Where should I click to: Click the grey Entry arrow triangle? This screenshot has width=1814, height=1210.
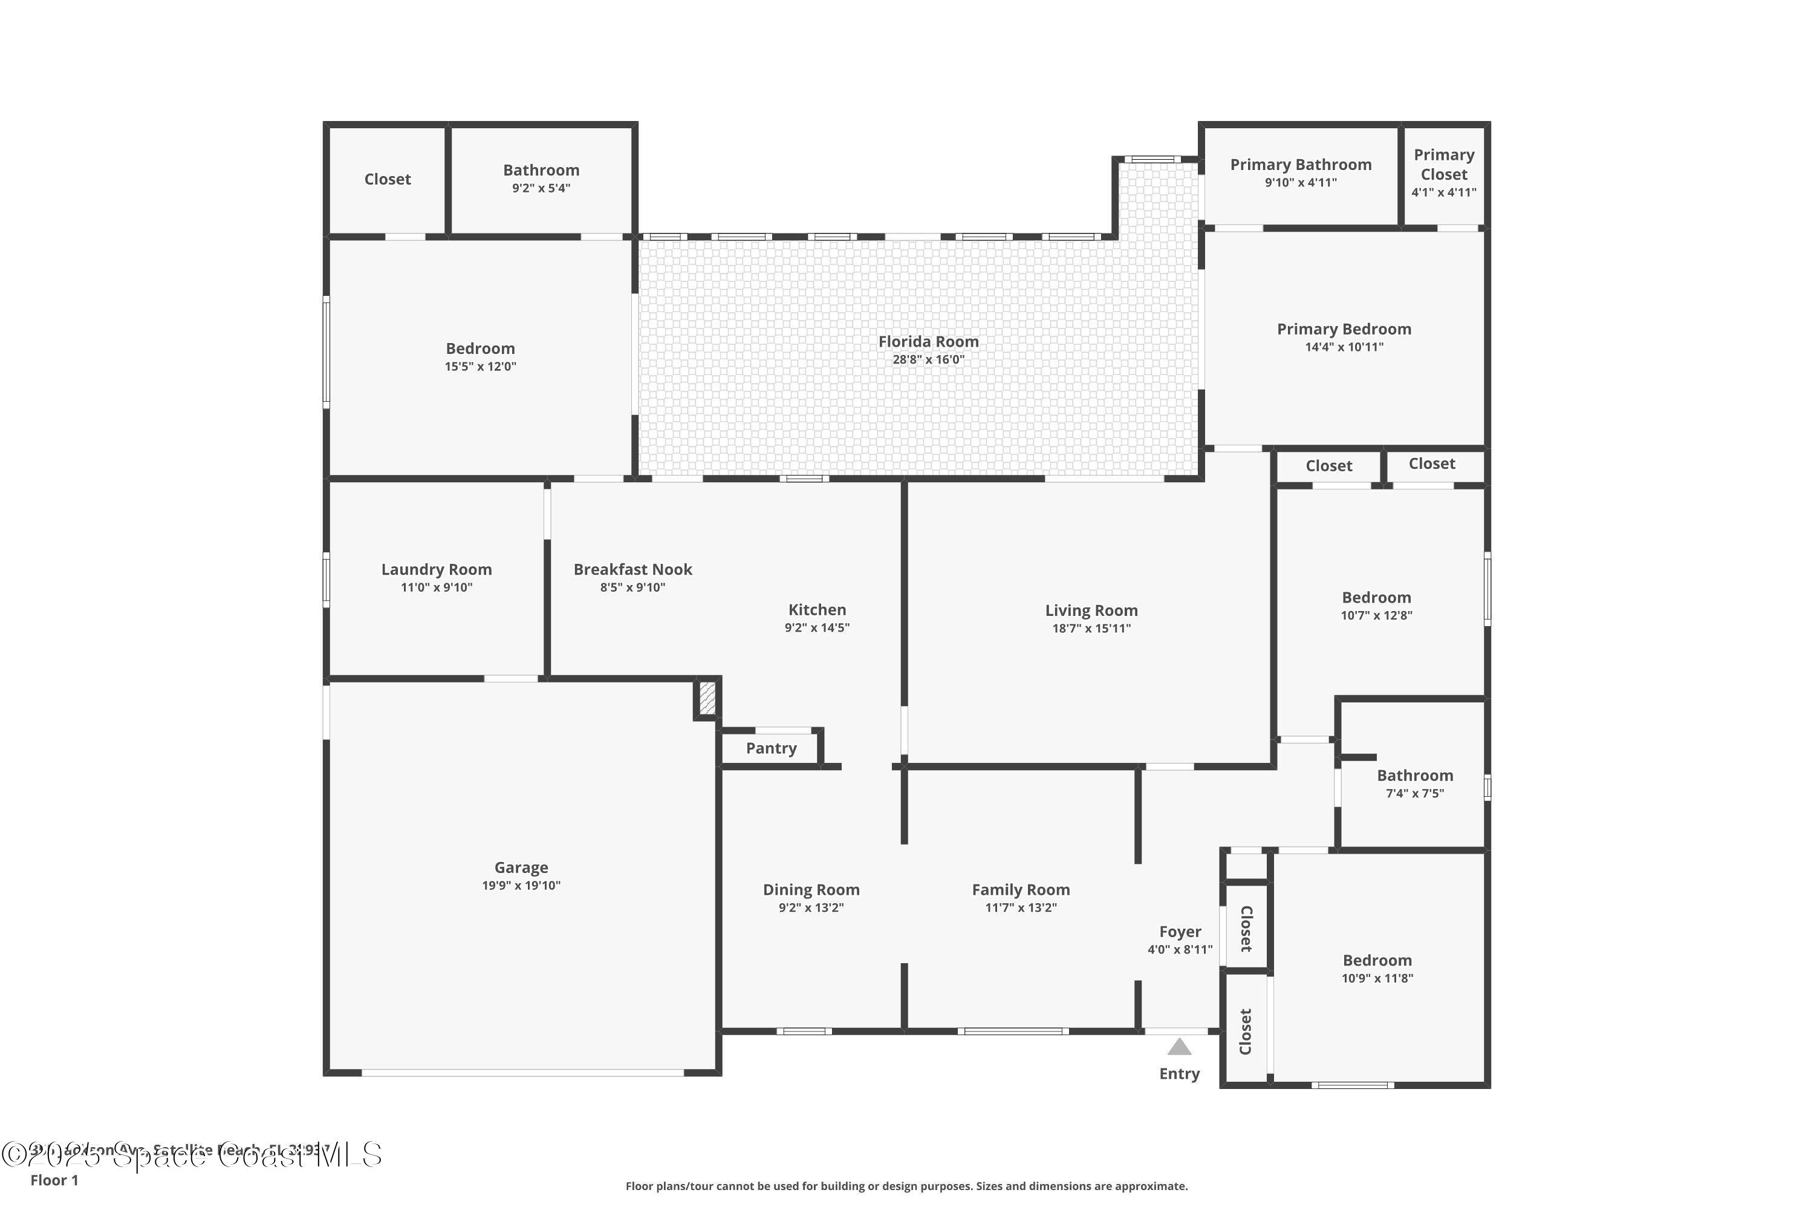1178,1047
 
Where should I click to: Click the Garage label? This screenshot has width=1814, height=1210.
521,868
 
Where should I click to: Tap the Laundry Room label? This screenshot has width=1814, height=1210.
436,569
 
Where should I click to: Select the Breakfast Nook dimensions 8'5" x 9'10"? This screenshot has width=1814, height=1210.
632,587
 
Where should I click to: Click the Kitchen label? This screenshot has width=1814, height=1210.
817,610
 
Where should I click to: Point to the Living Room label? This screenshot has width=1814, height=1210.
1091,610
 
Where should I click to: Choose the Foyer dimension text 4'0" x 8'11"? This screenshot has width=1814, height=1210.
1179,950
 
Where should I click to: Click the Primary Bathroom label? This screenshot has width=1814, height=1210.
1301,165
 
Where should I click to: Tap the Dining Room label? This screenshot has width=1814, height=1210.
811,890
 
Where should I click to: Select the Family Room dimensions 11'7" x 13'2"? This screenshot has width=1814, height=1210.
1021,907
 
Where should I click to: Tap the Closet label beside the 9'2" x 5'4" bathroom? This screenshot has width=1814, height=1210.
387,179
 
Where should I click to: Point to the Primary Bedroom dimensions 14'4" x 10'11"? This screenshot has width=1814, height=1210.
1344,347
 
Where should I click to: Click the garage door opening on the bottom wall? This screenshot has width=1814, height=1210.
522,1073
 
